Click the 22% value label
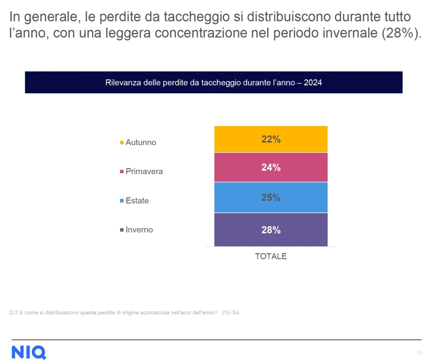coord(271,139)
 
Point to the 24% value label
coord(271,167)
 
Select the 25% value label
coord(271,197)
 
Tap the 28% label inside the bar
coord(271,230)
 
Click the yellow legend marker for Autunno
coord(122,143)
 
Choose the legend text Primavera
coord(144,172)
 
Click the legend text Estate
coord(137,201)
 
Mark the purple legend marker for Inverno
coord(122,230)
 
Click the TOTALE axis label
coord(271,256)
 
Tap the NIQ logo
coord(29,352)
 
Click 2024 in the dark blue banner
coord(313,83)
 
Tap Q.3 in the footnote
coord(13,313)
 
